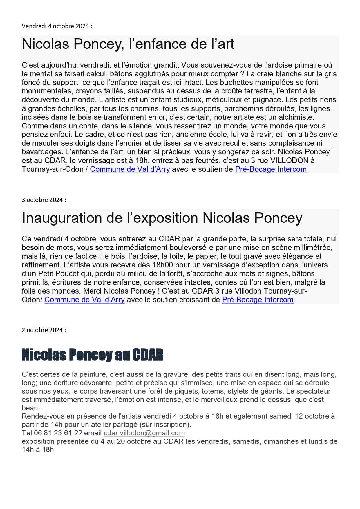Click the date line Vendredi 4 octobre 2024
pos(57,26)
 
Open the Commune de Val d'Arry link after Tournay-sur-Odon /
pos(130,169)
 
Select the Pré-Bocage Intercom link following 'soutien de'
pos(271,169)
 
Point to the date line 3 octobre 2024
pos(44,200)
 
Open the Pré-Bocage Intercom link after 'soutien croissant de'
pos(258,300)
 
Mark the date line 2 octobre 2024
pos(44,330)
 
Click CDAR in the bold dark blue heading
pos(148,355)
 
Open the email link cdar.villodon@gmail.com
pos(144,433)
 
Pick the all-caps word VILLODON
pos(289,160)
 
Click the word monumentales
pos(47,91)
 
